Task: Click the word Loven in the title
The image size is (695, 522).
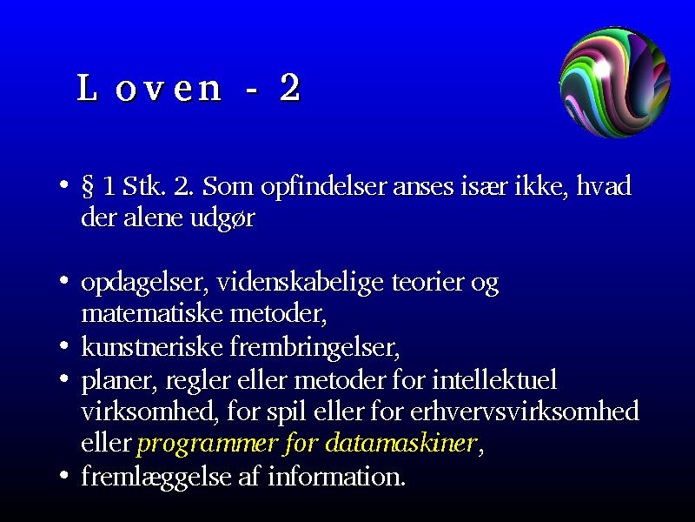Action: click(x=149, y=88)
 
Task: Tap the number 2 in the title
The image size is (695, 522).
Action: click(x=290, y=88)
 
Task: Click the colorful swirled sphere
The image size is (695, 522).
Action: click(x=615, y=82)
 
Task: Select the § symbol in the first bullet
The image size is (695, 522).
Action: click(x=88, y=186)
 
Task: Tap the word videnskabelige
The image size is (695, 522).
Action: click(x=300, y=283)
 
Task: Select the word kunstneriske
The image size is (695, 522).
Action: click(x=151, y=346)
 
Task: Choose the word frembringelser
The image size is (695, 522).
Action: click(x=314, y=347)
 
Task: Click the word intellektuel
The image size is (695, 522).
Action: click(x=494, y=380)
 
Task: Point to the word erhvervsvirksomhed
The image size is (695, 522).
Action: click(x=525, y=412)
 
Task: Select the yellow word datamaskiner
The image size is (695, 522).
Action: click(x=401, y=443)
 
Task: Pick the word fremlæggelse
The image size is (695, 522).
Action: click(x=156, y=477)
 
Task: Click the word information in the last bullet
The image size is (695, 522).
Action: click(x=336, y=476)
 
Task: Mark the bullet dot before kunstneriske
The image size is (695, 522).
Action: click(x=64, y=345)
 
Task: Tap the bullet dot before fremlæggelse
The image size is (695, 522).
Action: click(x=64, y=475)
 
